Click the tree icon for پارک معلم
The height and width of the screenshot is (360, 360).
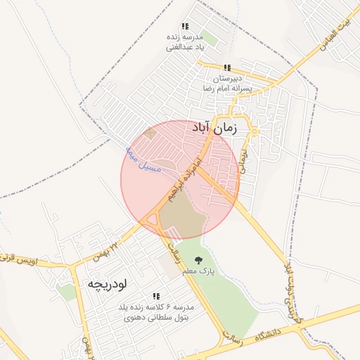pos(207,259)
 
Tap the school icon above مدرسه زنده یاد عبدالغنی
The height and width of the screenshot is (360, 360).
pos(185,26)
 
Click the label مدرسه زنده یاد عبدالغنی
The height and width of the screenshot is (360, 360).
pos(184,42)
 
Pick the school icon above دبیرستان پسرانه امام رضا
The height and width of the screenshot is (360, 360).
pos(217,67)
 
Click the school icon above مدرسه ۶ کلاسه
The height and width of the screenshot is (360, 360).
pos(156,297)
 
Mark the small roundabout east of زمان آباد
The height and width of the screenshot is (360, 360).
pos(254,131)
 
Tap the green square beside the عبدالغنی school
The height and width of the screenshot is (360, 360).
pos(210,40)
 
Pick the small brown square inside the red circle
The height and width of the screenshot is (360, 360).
pos(149,133)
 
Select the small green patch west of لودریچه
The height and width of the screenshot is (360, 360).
pos(67,290)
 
